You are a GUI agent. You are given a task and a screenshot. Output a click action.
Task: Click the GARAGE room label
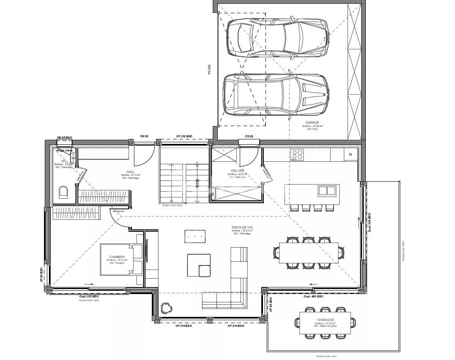click(312, 122)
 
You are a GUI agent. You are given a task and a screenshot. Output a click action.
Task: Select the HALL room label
click(131, 171)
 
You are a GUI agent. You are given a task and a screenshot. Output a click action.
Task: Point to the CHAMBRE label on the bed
click(117, 257)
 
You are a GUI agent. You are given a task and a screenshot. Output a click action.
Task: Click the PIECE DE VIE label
click(243, 227)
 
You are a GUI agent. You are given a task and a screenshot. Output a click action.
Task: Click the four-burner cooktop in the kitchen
click(297, 155)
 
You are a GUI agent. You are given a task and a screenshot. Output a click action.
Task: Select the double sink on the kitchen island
click(326, 191)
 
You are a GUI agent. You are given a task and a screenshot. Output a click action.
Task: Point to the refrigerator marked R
click(351, 155)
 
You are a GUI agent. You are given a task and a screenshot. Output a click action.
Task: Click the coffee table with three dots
click(195, 236)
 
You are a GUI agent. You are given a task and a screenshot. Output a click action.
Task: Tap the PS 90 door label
click(249, 136)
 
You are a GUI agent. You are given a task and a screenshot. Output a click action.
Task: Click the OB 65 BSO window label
click(64, 137)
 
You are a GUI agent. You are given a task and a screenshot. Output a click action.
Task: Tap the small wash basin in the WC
click(73, 157)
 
